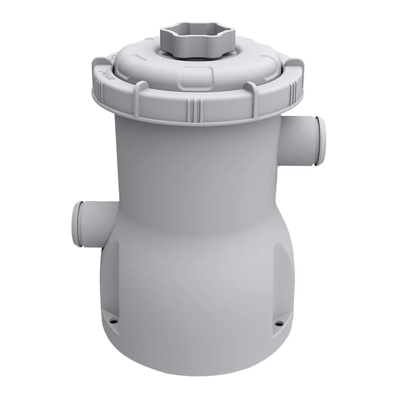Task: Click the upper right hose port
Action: (x=302, y=141)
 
